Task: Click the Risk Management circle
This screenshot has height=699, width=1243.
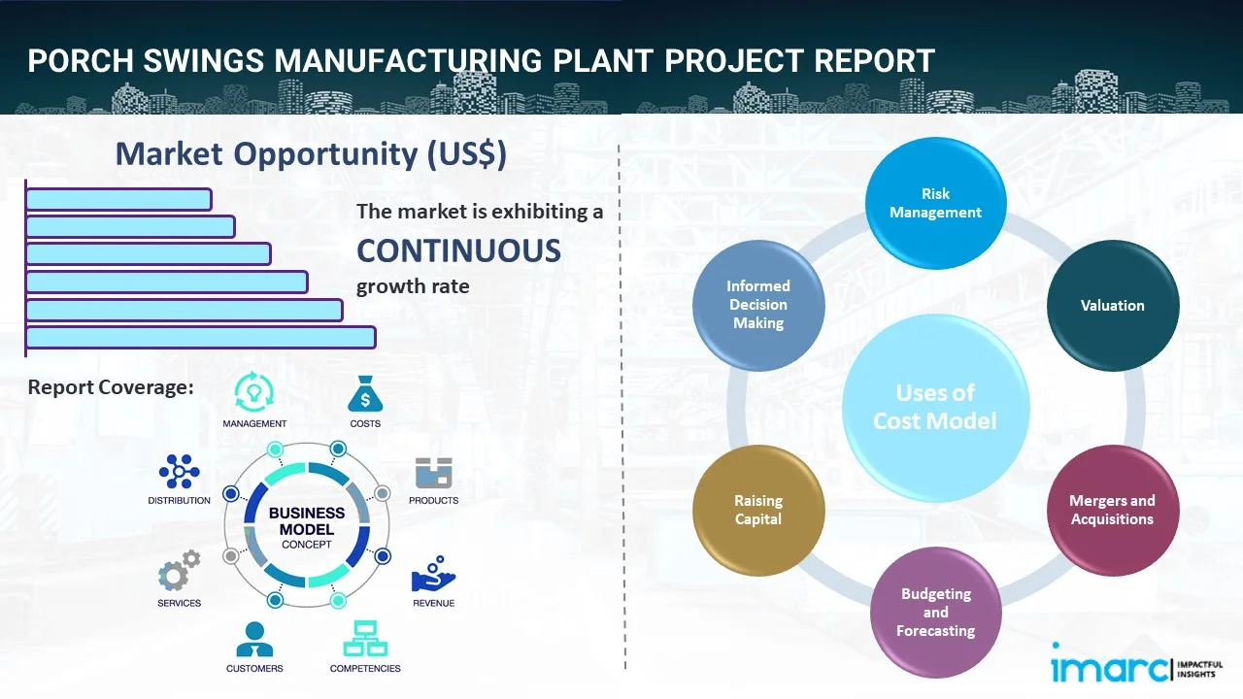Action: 935,203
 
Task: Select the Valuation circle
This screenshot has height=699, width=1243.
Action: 1112,305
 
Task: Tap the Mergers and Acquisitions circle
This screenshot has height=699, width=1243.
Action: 1112,510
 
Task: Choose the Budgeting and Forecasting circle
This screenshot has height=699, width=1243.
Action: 935,612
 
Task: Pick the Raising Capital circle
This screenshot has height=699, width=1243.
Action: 758,510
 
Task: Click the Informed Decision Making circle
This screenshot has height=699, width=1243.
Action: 758,305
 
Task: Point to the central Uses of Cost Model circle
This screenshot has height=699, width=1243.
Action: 935,406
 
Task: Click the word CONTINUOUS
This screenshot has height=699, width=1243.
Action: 458,251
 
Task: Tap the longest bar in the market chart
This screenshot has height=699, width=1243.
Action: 200,337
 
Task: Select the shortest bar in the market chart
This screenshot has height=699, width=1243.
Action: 118,199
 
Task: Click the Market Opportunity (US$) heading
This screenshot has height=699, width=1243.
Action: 311,154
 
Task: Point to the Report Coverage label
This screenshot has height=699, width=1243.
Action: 111,387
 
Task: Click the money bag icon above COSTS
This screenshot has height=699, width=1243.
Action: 365,394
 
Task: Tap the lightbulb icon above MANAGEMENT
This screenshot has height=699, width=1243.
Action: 254,392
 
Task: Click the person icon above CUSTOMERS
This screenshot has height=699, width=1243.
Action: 254,639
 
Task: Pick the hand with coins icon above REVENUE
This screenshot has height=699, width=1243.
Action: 433,574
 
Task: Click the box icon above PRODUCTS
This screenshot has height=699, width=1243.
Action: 434,473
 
